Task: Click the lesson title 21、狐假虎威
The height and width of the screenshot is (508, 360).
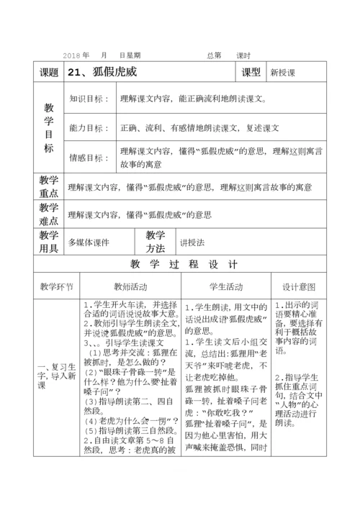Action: (x=102, y=72)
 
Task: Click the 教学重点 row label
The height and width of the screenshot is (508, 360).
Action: (x=49, y=186)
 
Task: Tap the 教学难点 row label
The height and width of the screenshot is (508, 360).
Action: (x=49, y=214)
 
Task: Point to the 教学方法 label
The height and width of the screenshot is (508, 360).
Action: (x=156, y=242)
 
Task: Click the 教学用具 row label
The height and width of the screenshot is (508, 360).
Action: (x=49, y=242)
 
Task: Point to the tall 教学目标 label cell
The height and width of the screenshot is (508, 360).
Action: (x=49, y=127)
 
